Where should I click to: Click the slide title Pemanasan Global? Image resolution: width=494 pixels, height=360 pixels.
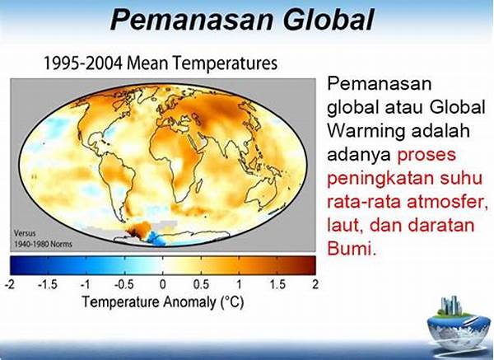click(x=242, y=20)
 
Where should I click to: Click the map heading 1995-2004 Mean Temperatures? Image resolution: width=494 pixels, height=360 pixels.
click(x=160, y=63)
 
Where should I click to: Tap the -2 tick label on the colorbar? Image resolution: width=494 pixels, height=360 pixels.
click(x=10, y=285)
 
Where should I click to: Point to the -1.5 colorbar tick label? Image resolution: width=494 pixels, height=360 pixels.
click(x=48, y=285)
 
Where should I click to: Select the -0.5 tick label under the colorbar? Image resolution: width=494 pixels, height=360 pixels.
click(x=124, y=285)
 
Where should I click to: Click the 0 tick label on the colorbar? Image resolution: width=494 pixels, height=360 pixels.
click(x=162, y=285)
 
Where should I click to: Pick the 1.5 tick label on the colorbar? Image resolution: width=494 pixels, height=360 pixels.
click(x=277, y=285)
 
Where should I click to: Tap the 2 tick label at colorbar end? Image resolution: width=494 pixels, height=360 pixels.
click(x=315, y=285)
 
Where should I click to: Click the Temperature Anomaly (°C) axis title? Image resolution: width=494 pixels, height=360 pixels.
click(x=163, y=302)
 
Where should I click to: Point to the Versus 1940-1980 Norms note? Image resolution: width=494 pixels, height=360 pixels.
click(x=43, y=239)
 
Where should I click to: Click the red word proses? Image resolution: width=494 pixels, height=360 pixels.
click(x=426, y=156)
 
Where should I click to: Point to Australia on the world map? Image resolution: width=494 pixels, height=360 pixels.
click(x=262, y=193)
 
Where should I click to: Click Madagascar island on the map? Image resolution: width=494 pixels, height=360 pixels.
click(x=198, y=185)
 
